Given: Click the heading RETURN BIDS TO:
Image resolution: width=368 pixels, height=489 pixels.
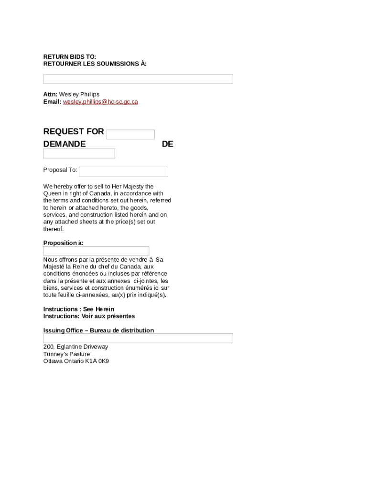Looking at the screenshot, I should click(x=69, y=57).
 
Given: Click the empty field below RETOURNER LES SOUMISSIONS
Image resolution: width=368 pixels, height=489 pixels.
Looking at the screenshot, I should click(x=138, y=79).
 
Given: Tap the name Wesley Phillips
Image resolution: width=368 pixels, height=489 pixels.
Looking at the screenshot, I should click(x=79, y=95).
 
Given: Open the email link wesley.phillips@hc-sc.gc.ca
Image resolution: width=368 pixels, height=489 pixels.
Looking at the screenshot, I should click(x=100, y=102).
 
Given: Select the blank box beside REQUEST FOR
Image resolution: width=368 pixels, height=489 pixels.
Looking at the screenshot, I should click(x=130, y=135).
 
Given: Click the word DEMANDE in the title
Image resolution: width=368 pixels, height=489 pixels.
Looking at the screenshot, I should click(x=65, y=144).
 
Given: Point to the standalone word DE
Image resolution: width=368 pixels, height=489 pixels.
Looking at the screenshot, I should click(x=167, y=144).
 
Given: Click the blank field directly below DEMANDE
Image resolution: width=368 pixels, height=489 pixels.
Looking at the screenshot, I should click(x=79, y=153).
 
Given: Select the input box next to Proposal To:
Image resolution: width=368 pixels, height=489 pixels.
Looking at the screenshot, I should click(x=123, y=171).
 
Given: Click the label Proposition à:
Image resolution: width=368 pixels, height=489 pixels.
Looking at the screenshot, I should click(x=63, y=243).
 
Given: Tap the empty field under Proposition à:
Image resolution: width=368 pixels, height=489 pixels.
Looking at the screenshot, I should click(x=96, y=251).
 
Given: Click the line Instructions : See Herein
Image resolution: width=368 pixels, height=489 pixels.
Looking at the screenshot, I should click(x=79, y=309).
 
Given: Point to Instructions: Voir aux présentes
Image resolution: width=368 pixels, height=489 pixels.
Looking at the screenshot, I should click(x=89, y=316).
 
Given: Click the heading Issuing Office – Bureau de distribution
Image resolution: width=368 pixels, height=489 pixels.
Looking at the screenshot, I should click(x=98, y=330).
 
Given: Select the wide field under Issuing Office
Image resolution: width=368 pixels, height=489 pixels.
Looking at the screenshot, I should click(x=138, y=338).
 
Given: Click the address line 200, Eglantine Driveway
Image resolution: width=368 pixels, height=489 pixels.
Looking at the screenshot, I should click(x=76, y=347).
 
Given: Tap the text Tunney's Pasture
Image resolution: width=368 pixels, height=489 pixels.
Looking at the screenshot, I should click(x=66, y=354).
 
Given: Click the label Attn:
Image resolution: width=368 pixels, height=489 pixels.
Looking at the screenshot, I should click(x=50, y=95).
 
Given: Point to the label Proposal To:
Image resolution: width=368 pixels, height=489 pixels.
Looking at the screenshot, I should click(x=60, y=170).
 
